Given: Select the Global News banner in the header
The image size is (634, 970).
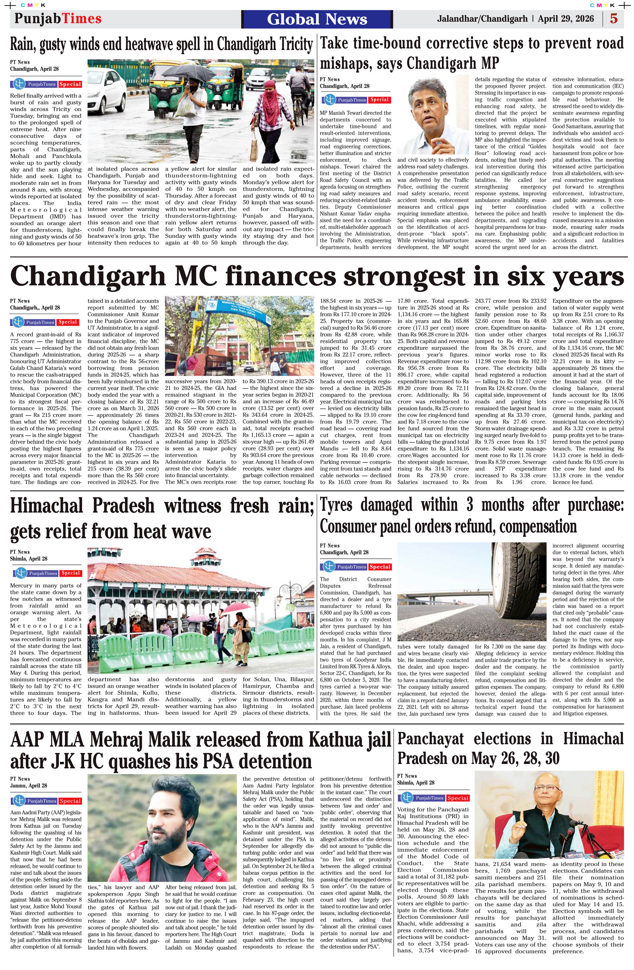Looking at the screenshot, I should [317, 19].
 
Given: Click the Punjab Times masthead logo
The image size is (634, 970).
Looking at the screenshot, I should [58, 19].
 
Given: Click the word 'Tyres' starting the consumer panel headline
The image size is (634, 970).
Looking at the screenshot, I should [336, 505].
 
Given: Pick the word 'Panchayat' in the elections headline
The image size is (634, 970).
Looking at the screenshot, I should [430, 739].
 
